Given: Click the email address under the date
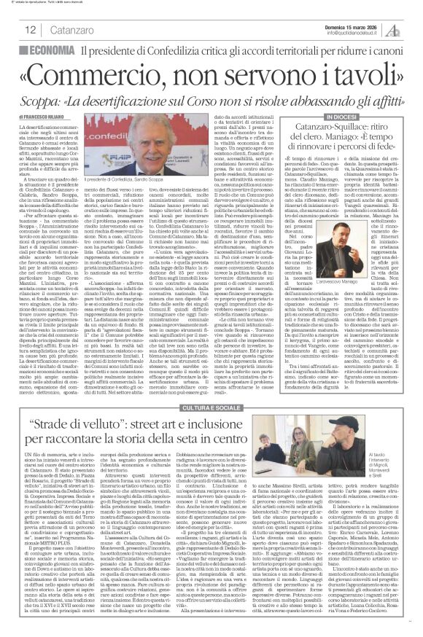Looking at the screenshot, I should click(x=354, y=33).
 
